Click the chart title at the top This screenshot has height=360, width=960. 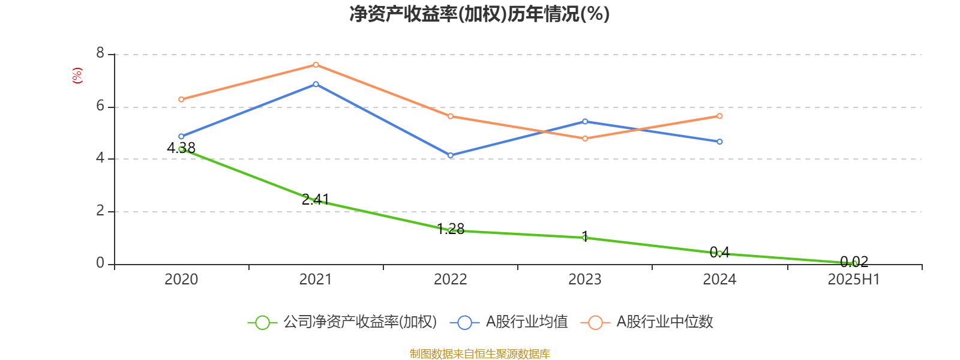pyautogui.click(x=479, y=14)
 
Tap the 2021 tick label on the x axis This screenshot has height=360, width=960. pyautogui.click(x=316, y=279)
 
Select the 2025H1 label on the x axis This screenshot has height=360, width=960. pyautogui.click(x=853, y=279)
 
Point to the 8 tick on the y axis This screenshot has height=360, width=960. pyautogui.click(x=100, y=54)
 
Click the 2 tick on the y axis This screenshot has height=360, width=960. pyautogui.click(x=100, y=211)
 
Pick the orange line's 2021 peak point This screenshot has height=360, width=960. pyautogui.click(x=316, y=65)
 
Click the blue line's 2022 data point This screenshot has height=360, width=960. pyautogui.click(x=451, y=155)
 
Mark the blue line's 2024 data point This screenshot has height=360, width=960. pyautogui.click(x=719, y=142)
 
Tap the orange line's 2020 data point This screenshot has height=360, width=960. pyautogui.click(x=181, y=100)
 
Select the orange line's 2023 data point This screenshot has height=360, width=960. pyautogui.click(x=585, y=139)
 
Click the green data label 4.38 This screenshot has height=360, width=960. pyautogui.click(x=181, y=148)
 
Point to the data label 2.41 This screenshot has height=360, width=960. pyautogui.click(x=316, y=199)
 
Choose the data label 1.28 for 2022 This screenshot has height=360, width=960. pyautogui.click(x=451, y=229)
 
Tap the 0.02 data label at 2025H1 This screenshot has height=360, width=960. pyautogui.click(x=854, y=262)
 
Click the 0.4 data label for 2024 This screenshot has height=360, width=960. pyautogui.click(x=719, y=252)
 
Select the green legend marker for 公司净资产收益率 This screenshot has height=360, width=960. pyautogui.click(x=262, y=322)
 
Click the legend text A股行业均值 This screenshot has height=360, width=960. pyautogui.click(x=526, y=322)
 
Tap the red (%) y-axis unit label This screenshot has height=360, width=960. pyautogui.click(x=77, y=76)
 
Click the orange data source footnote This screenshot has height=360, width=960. pyautogui.click(x=479, y=354)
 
